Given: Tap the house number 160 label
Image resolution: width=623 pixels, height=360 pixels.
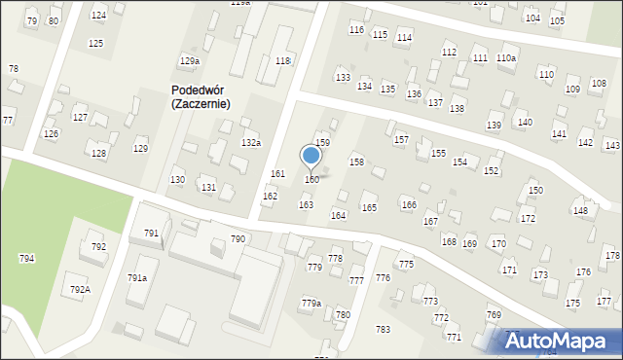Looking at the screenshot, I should tap(311, 179).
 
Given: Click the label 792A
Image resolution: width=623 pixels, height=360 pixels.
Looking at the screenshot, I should tap(80, 289).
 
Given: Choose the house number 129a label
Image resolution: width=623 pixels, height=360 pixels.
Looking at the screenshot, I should tap(189, 61).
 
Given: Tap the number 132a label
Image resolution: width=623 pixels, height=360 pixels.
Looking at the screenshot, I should tap(251, 143).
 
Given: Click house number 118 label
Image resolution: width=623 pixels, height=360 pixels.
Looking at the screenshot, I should tap(282, 61).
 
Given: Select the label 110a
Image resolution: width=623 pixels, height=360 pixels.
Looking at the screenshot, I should tap(506, 58).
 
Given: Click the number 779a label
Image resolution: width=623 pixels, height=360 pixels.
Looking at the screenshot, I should tap(311, 304).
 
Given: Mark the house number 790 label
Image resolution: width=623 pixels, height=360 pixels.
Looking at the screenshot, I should tap(238, 238).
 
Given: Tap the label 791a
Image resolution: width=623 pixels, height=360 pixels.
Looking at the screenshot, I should tap(137, 277).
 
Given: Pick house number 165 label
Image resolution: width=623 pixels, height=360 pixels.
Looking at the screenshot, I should tap(369, 207).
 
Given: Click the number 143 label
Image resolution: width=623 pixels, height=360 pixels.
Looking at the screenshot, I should tap(612, 145).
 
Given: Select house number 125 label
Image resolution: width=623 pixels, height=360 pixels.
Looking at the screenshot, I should tap(95, 44).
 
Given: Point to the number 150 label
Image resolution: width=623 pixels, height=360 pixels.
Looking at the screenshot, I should tap(534, 190).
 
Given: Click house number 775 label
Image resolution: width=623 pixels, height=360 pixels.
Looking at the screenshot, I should tap(406, 265).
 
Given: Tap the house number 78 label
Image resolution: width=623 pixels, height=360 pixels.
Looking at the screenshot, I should tap(13, 68).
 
